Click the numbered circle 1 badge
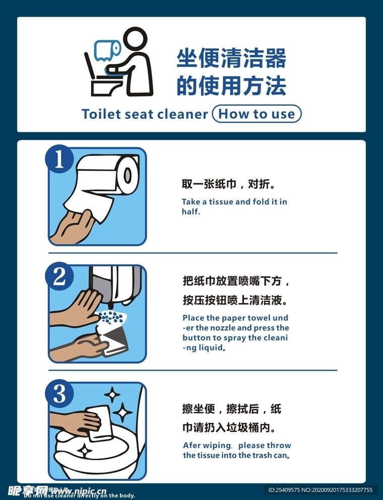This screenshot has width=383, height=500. click(59, 160)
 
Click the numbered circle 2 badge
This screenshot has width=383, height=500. click(59, 277)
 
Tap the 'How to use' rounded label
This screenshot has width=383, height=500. click(257, 114)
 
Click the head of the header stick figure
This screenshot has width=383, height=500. click(134, 39)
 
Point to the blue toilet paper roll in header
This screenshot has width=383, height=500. click(107, 49)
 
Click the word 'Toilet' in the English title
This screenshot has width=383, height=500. click(101, 114)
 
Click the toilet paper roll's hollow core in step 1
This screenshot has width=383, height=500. click(128, 175)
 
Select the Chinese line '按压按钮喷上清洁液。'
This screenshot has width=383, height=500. click(235, 301)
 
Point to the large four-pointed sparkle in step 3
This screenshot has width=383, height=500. click(122, 413)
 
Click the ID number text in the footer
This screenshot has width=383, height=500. click(321, 490)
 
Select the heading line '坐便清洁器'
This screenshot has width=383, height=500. click(231, 59)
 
